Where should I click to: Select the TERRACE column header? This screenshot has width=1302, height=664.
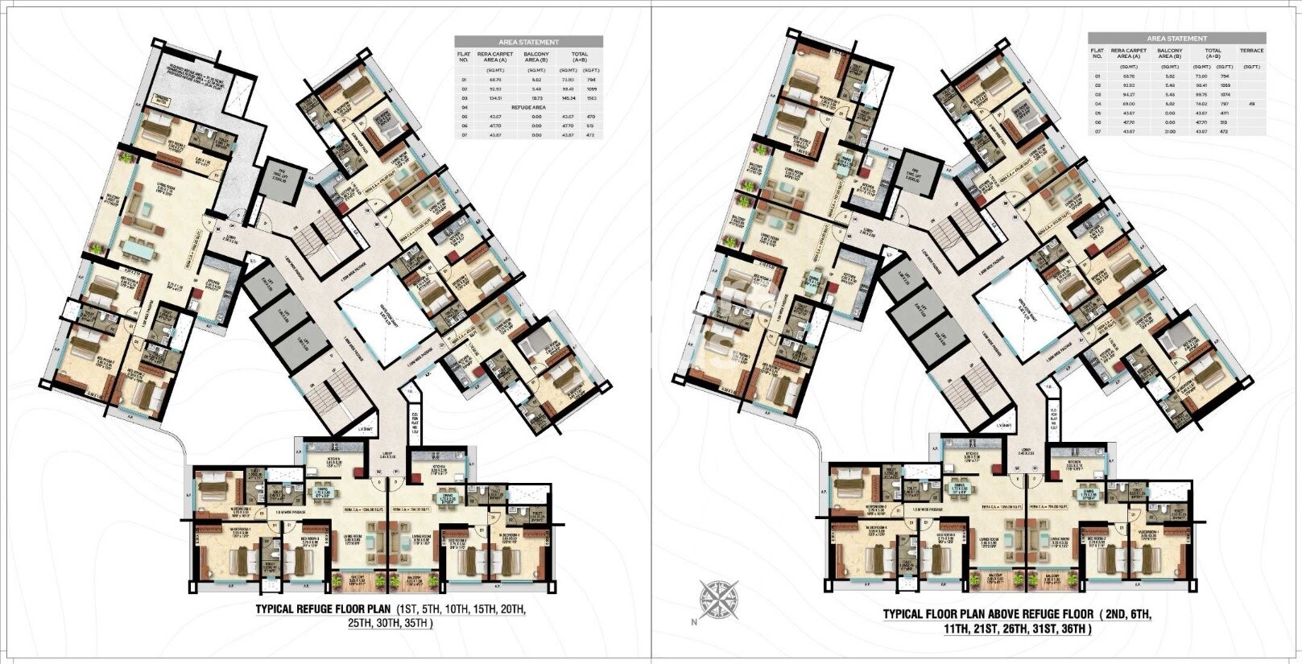pos(1251,51)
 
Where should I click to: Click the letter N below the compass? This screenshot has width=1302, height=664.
pos(692,622)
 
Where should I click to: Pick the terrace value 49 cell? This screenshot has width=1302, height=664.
pos(1251,103)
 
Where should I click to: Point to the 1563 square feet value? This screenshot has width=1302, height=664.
pos(590,97)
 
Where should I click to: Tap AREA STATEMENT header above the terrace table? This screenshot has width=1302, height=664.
pos(1176,38)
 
